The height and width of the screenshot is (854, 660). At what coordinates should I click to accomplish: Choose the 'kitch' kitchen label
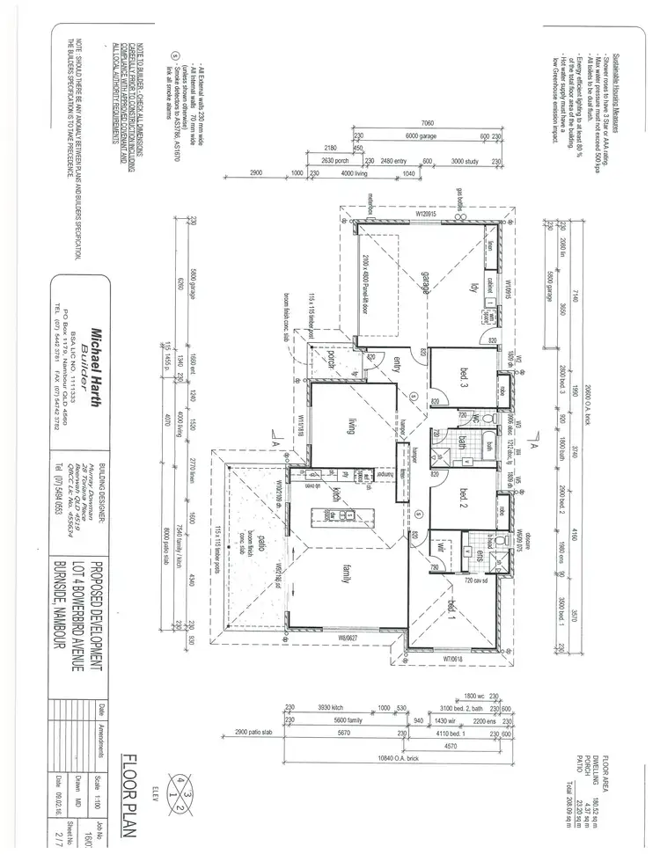point(337,493)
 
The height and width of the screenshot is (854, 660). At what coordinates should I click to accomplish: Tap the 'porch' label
point(332,361)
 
